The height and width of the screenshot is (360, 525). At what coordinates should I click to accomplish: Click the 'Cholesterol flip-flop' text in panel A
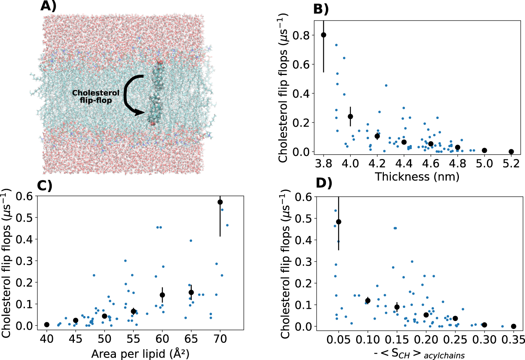click(96, 97)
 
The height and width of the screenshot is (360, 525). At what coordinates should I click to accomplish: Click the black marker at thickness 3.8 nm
click(324, 35)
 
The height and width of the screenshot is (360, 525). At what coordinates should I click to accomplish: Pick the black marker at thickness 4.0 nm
click(350, 117)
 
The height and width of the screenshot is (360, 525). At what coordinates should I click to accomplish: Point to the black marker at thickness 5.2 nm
click(511, 152)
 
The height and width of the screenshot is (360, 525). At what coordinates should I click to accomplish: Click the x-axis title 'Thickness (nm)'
click(417, 177)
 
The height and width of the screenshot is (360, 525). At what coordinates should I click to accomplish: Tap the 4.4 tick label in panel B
click(404, 163)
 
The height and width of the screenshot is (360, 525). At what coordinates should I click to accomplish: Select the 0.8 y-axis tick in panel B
click(302, 35)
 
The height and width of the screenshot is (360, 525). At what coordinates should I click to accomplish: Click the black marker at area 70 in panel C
click(220, 202)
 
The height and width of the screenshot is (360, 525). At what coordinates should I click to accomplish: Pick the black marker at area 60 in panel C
click(163, 295)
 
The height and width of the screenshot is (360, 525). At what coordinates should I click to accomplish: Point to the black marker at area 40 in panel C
click(47, 325)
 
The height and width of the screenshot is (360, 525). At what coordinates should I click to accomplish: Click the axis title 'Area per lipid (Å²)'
click(140, 354)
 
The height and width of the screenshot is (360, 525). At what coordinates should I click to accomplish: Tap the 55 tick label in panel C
click(133, 339)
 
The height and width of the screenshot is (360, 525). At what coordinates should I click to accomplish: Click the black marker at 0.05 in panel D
click(339, 222)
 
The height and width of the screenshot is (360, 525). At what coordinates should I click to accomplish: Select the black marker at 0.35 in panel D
click(514, 327)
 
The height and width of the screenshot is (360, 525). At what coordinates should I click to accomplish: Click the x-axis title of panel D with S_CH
click(419, 354)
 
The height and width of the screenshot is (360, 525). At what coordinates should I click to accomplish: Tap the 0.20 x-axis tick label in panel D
click(426, 340)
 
